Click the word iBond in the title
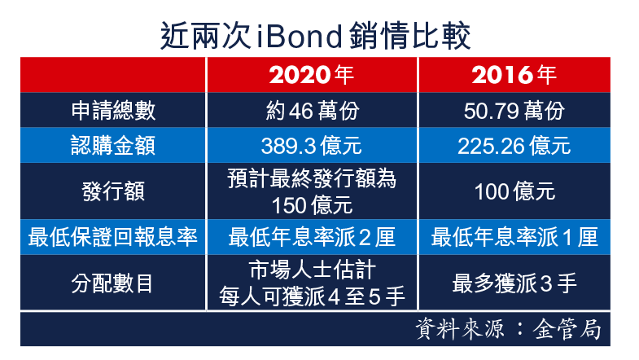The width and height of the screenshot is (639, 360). (300, 37)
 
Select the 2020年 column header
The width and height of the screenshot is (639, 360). (311, 75)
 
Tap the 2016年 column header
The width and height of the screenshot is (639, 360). (514, 75)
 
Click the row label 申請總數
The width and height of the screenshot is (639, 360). (113, 110)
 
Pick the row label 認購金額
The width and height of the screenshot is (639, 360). (113, 145)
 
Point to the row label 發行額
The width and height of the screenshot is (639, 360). (113, 191)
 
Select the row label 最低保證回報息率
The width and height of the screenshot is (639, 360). (113, 237)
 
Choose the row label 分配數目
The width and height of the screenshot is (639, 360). (112, 283)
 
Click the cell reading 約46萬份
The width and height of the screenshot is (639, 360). (312, 111)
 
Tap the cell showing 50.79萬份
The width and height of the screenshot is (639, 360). (514, 111)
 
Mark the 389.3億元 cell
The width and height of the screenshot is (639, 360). (311, 146)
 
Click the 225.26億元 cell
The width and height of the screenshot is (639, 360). (514, 146)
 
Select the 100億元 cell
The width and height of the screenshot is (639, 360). (514, 191)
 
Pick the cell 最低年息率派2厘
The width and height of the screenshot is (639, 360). (312, 237)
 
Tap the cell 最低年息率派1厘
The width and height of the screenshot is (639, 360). (514, 237)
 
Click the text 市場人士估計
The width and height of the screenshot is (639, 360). (312, 270)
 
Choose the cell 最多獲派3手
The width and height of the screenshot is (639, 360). (514, 283)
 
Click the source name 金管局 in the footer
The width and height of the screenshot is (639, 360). (567, 329)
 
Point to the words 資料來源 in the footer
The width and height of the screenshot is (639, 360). (460, 329)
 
